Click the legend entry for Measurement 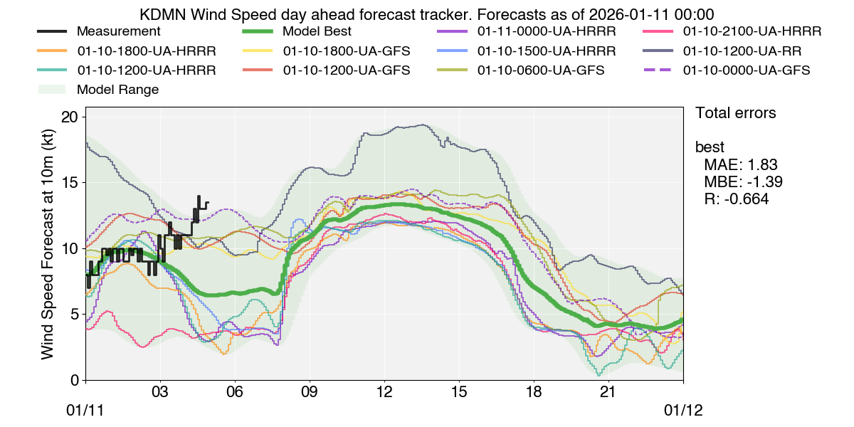(118, 32)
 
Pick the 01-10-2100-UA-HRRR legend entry (752, 32)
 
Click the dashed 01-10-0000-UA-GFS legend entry (746, 70)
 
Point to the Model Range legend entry (117, 90)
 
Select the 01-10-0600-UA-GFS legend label (541, 70)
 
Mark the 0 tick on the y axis (73, 380)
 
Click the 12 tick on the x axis (384, 392)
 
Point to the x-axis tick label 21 (608, 392)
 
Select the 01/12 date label (683, 411)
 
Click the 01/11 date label (86, 411)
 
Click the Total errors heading (735, 113)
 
